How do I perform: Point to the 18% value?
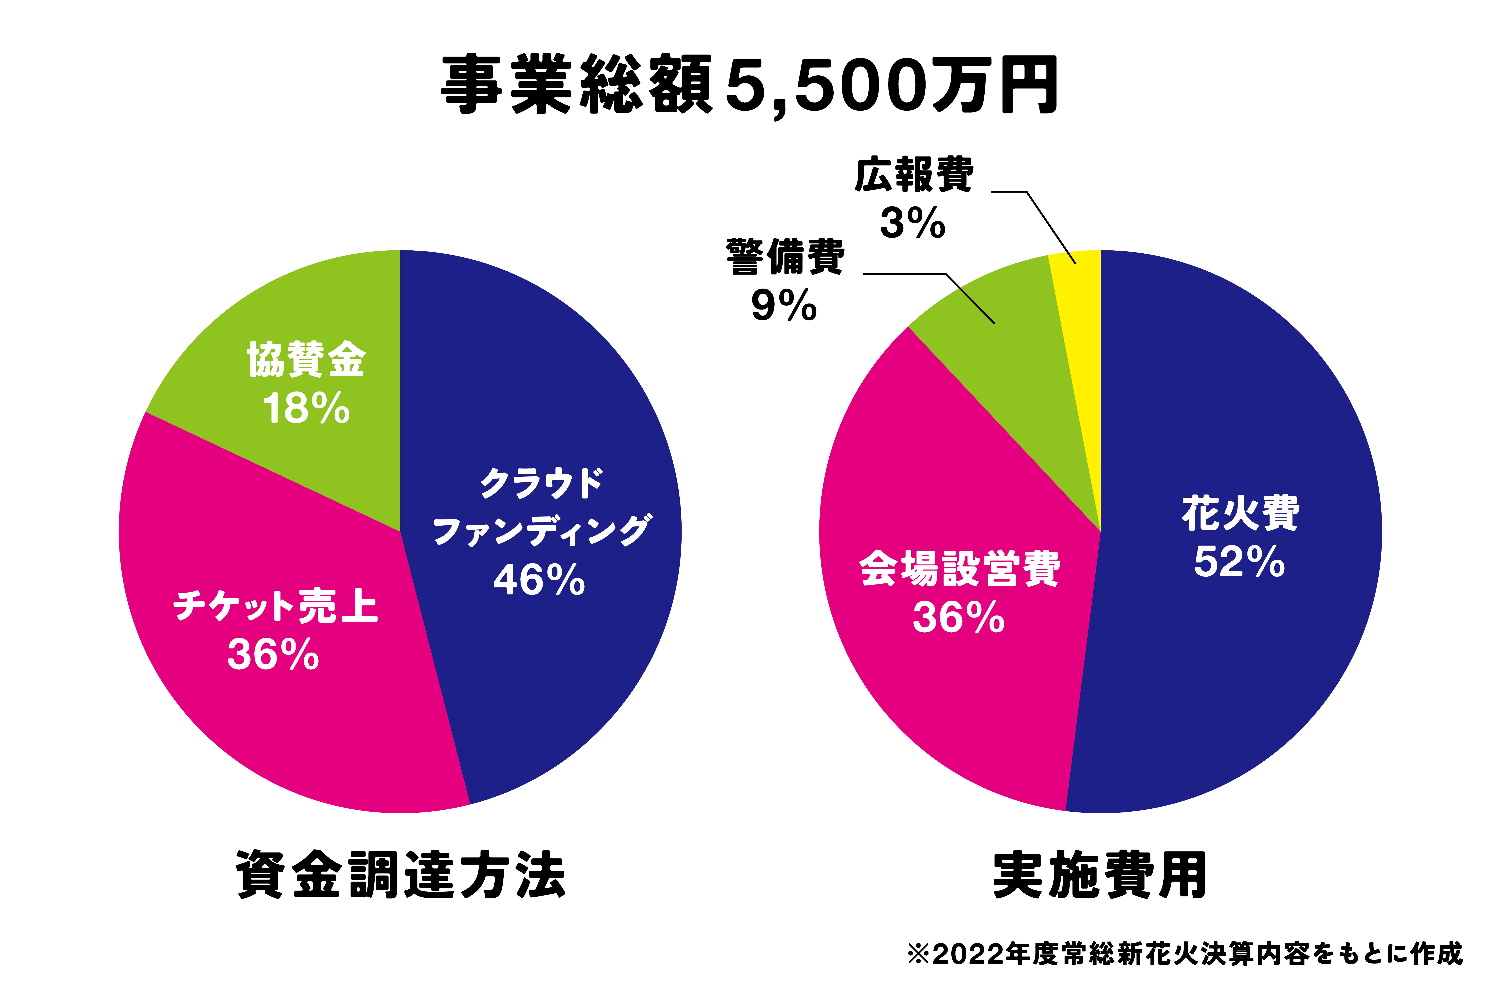[x=306, y=409]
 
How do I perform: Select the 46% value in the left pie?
[x=539, y=580]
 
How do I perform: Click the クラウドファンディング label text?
[x=541, y=508]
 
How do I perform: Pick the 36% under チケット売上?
[x=273, y=655]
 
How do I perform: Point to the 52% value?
[x=1239, y=562]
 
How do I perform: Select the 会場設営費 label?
[x=959, y=568]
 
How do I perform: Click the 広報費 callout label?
[x=914, y=174]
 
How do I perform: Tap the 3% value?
[x=913, y=224]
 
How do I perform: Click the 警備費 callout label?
[x=785, y=257]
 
